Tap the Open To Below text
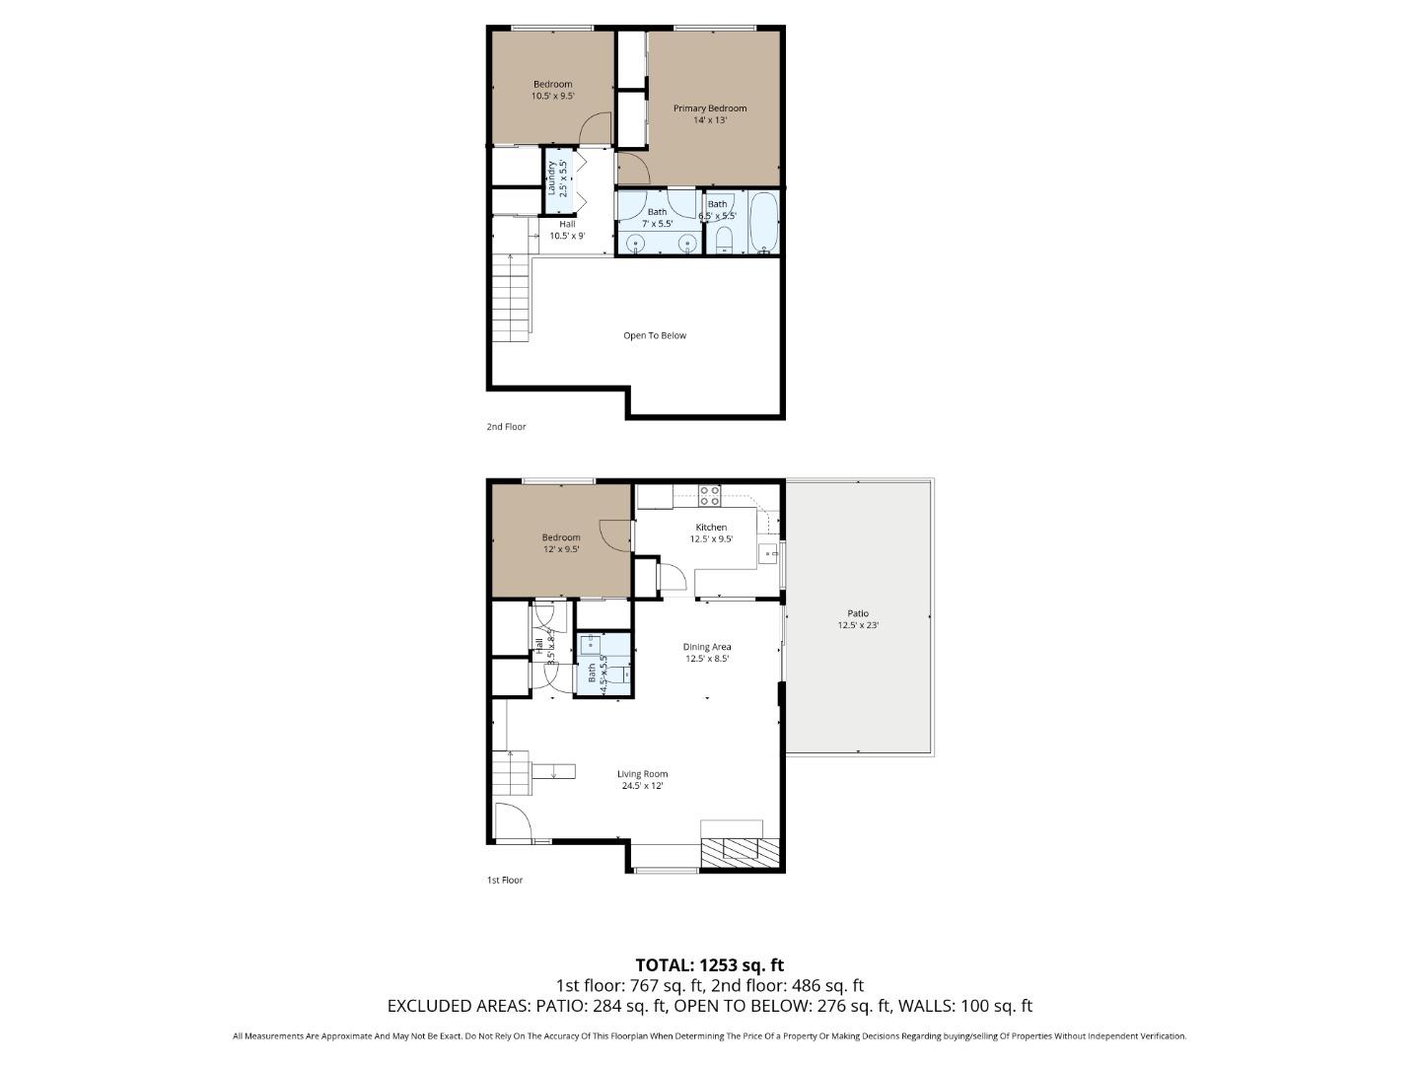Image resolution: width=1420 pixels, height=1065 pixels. [654, 335]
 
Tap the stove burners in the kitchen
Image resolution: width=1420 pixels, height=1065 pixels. [709, 495]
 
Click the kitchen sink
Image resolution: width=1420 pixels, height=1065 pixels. [767, 554]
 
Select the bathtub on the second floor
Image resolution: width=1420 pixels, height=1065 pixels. [764, 222]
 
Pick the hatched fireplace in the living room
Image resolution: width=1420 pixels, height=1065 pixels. [740, 851]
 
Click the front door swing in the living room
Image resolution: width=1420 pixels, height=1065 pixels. [510, 821]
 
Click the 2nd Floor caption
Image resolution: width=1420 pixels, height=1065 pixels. [506, 427]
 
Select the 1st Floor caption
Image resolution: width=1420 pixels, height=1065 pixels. [505, 880]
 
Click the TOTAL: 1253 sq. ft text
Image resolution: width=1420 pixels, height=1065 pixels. [709, 964]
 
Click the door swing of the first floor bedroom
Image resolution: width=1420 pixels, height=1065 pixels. [618, 532]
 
